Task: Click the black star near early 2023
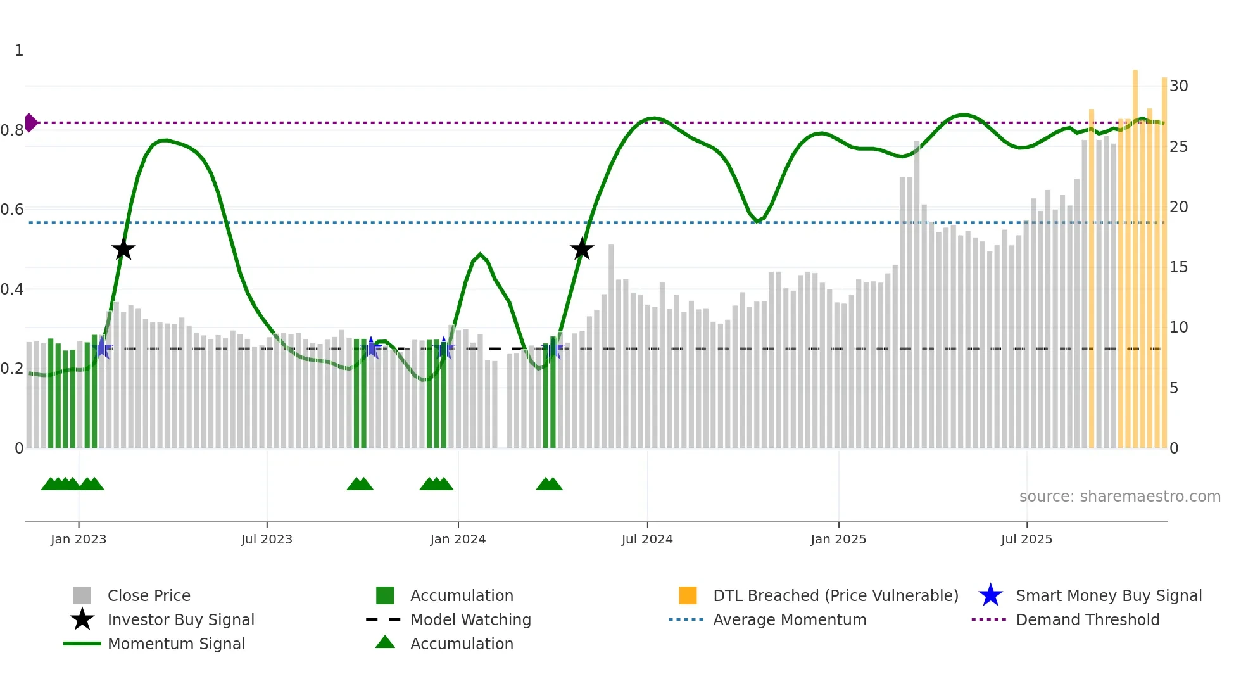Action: coord(123,250)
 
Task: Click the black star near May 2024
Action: coord(581,250)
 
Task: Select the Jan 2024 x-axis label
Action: coord(458,539)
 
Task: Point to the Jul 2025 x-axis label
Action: coord(1026,539)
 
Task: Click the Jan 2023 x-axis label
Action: coord(79,539)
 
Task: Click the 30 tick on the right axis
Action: coord(1178,86)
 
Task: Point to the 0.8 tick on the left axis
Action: coord(13,130)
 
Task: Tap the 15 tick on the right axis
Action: coord(1178,267)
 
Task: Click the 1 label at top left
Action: coord(19,51)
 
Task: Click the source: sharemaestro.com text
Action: coord(1119,496)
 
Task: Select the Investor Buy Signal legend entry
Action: coord(180,619)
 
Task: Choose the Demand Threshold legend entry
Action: coord(1087,619)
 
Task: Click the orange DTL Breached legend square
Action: coord(688,595)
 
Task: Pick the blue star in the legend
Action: coord(990,595)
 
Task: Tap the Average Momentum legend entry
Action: coord(789,619)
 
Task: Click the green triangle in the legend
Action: coord(385,643)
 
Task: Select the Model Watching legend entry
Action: coord(470,619)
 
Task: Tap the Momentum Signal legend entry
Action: coord(176,644)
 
